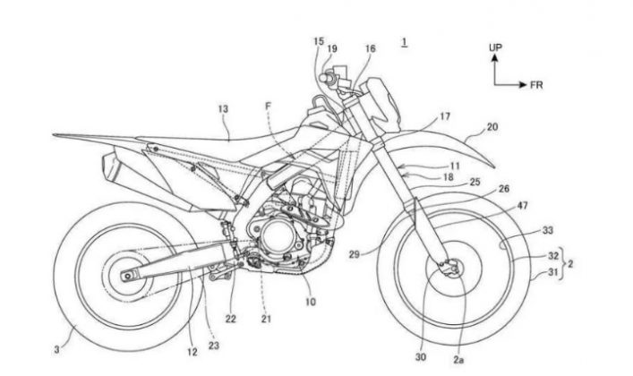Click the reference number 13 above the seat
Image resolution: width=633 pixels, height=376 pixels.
(x=223, y=108)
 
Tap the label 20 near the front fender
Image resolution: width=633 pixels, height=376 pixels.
(x=492, y=128)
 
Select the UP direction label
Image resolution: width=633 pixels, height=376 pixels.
(x=494, y=45)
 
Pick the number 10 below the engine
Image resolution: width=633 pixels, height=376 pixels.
(x=310, y=304)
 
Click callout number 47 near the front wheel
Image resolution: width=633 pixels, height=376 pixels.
(x=523, y=205)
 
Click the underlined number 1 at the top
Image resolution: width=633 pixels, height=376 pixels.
(x=405, y=42)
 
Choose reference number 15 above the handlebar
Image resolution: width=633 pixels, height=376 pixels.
(x=319, y=41)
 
